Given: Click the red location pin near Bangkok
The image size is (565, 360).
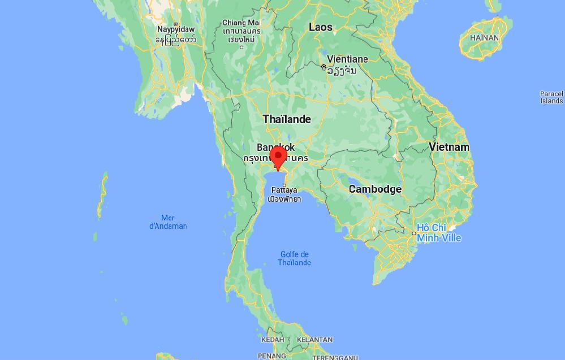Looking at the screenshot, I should pos(278,157).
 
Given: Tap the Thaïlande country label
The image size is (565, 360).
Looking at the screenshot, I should pos(287,119).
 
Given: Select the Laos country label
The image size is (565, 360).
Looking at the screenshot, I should pos(321,27).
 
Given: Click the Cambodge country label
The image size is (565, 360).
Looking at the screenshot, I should pos(375,189).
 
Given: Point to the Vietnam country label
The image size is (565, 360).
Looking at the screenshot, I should pos(449,147).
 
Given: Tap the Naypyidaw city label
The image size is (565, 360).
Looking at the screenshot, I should pos(175,29).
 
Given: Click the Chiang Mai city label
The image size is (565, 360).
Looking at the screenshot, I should pos(241,23).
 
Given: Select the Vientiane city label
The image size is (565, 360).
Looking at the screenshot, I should pos(347,59).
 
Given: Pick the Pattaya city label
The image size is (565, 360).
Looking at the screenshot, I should pos(284,190).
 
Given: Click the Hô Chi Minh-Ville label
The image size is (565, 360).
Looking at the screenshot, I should pos(439,233).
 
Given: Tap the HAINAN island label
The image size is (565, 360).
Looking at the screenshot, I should pos(484,38).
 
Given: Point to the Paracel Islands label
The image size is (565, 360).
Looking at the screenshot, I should pos(552,97).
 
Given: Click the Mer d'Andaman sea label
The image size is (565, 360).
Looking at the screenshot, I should pos(167,222).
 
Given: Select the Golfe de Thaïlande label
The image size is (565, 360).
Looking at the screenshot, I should pos(295,258).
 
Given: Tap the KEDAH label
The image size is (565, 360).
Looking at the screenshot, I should pos(272,340).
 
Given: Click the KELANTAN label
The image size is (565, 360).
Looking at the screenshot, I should pos(314,340).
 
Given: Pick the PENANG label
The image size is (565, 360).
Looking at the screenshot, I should pos(271,356).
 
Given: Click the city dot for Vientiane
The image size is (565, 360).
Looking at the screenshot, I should pos(324,67).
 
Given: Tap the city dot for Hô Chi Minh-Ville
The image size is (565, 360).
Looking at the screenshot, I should pos(413,233).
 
